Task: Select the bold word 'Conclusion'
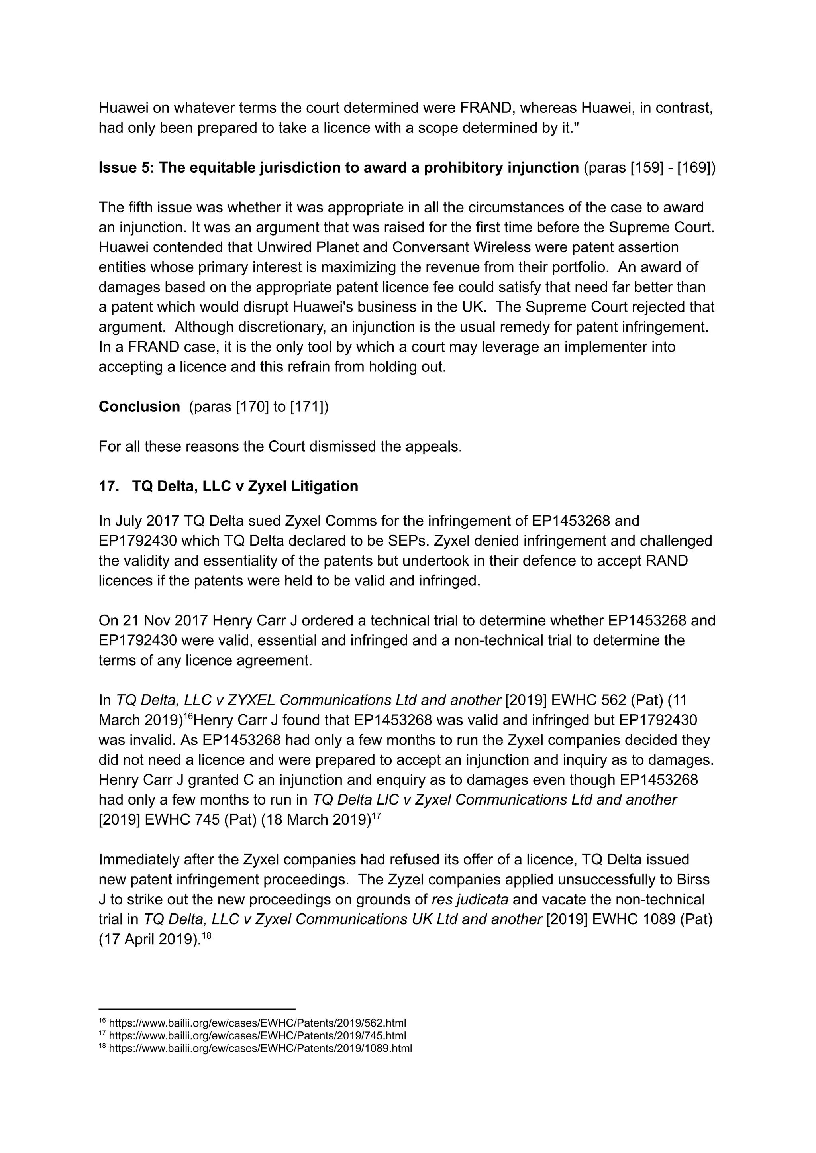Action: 139,407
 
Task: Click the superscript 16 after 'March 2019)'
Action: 188,716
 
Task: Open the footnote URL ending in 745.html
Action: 257,1036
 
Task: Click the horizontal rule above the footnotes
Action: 196,1008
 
